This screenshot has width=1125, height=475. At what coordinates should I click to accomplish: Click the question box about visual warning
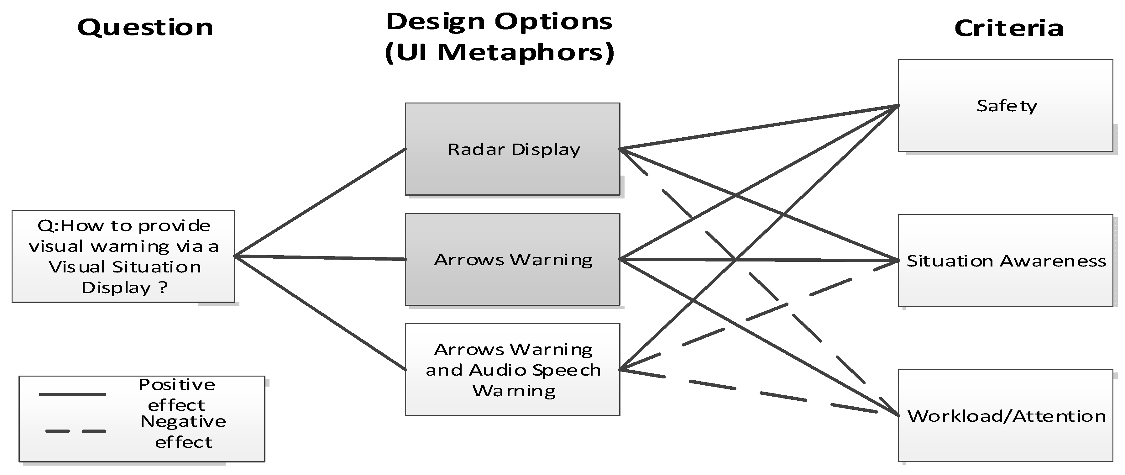(x=123, y=256)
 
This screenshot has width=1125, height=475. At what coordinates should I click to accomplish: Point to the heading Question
(x=145, y=28)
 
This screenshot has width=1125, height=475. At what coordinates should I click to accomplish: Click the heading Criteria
(x=1008, y=29)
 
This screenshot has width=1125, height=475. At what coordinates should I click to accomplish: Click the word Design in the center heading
(x=435, y=22)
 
